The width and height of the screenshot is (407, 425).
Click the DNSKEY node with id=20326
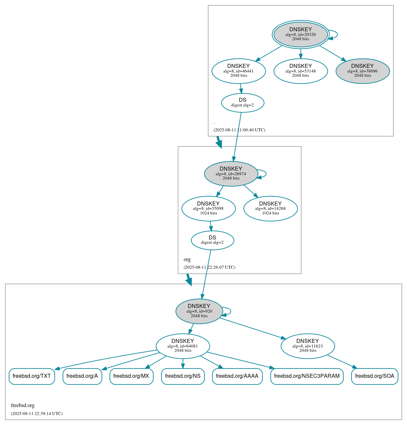pyautogui.click(x=300, y=34)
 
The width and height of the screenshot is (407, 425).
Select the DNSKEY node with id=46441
pyautogui.click(x=239, y=71)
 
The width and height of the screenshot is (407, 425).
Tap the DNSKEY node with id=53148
pyautogui.click(x=300, y=71)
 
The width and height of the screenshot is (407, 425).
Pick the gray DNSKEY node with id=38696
pyautogui.click(x=362, y=71)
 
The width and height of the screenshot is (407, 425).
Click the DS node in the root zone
pyautogui.click(x=243, y=103)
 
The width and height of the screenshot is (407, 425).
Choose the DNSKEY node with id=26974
pyautogui.click(x=231, y=174)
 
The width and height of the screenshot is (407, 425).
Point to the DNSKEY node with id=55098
pyautogui.click(x=208, y=209)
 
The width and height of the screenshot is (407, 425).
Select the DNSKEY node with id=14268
pyautogui.click(x=270, y=209)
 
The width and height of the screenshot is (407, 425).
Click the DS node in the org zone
pyautogui.click(x=212, y=240)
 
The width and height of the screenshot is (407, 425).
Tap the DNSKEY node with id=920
pyautogui.click(x=199, y=311)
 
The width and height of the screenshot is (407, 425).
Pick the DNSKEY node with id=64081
pyautogui.click(x=183, y=346)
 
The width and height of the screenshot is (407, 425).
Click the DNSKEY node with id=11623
pyautogui.click(x=308, y=346)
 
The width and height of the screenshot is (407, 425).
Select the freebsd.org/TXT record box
pyautogui.click(x=32, y=376)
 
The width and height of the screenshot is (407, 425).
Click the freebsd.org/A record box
pyautogui.click(x=82, y=376)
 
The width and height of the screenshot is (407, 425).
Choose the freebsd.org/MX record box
pyautogui.click(x=131, y=376)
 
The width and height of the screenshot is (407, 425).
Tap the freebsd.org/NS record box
pyautogui.click(x=183, y=376)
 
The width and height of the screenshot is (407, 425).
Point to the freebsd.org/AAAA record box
pyautogui.click(x=237, y=376)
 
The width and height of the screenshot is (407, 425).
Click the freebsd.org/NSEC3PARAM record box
pyautogui.click(x=307, y=376)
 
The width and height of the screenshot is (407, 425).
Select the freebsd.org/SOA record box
pyautogui.click(x=374, y=376)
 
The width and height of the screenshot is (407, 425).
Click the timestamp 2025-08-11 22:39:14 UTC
pyautogui.click(x=37, y=414)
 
